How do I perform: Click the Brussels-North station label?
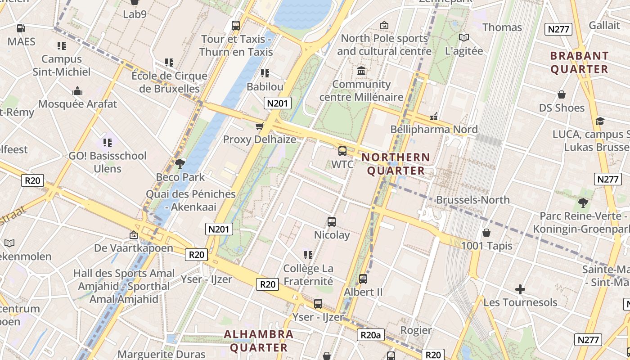(472, 199)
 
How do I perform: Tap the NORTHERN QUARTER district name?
(396, 164)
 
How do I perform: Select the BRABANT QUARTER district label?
(579, 63)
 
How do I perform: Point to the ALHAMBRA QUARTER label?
(259, 341)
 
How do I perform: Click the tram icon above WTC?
(342, 151)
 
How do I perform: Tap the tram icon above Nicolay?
(332, 221)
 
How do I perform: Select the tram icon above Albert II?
(363, 279)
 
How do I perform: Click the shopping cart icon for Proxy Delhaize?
(259, 126)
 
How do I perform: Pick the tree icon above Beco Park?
(180, 163)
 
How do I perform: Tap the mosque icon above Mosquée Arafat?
(77, 91)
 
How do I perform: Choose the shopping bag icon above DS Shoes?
(562, 94)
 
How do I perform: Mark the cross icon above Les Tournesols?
(520, 289)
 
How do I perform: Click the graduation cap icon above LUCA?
(599, 121)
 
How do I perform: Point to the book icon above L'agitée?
(463, 37)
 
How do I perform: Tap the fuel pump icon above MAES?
(21, 28)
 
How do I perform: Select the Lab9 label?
(135, 14)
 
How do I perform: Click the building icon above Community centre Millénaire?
(361, 71)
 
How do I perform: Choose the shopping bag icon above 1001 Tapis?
(486, 233)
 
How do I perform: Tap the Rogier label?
(416, 330)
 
